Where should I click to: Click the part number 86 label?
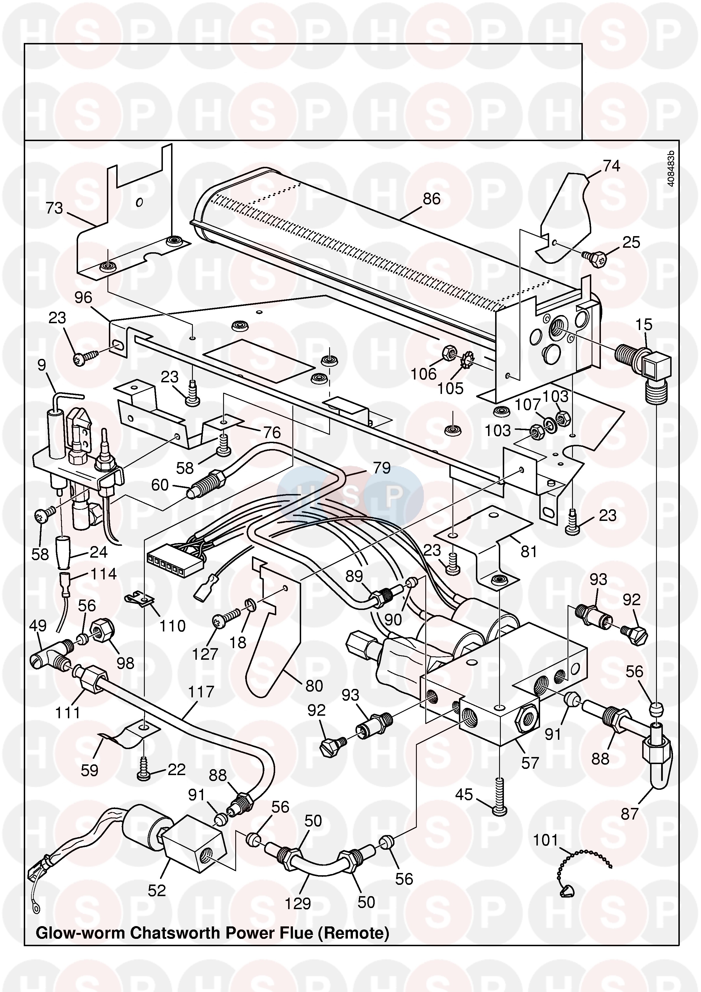coord(432,199)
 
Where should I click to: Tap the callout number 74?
coord(611,166)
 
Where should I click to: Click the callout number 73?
coord(54,209)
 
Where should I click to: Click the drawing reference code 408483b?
coord(670,169)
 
